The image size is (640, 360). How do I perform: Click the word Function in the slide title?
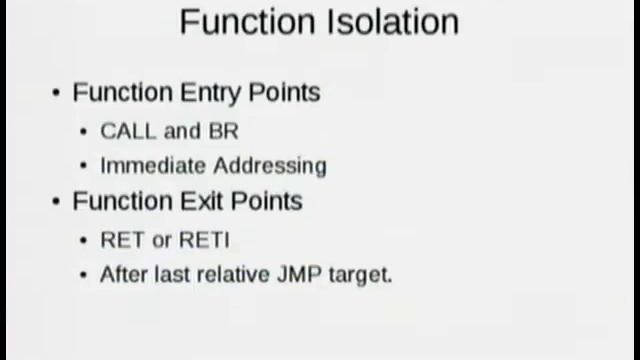tap(241, 22)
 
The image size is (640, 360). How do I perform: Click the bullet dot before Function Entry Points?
tap(56, 93)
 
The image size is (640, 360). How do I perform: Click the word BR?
tap(224, 131)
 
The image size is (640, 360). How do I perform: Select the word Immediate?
tap(146, 165)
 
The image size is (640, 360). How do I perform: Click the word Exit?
tap(203, 201)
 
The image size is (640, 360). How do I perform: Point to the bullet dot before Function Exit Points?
tap(56, 201)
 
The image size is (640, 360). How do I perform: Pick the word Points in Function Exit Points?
tap(267, 201)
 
